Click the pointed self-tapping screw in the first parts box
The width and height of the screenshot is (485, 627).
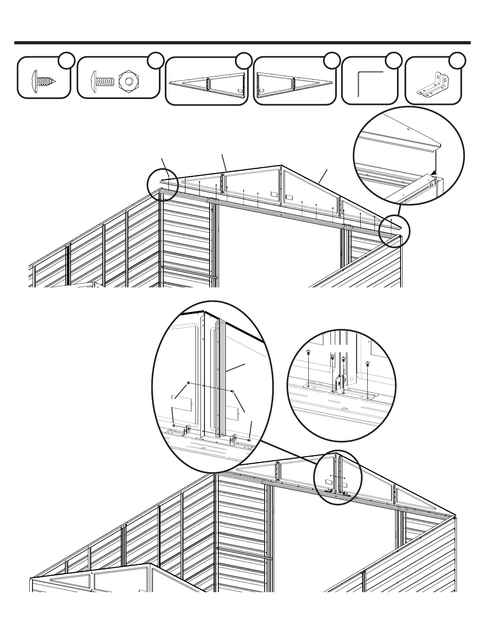pos(43,81)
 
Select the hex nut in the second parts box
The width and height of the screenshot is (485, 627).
pos(129,81)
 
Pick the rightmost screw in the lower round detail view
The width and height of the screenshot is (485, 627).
pos(367,363)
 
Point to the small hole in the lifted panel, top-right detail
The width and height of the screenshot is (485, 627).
pos(409,129)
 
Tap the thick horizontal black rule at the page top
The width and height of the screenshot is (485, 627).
pos(242,43)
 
